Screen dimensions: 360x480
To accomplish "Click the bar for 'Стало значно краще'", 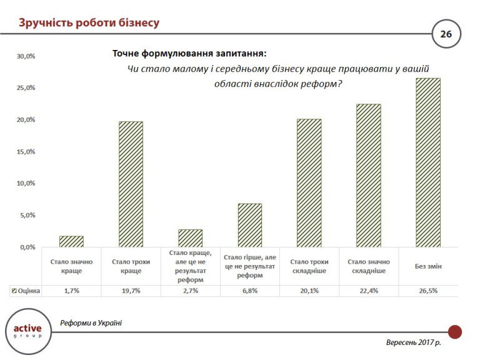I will (x=71, y=241).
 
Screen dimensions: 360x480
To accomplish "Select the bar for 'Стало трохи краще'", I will (x=131, y=184).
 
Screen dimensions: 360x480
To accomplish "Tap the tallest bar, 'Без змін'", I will (x=428, y=162).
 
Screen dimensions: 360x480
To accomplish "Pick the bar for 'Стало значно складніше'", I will (x=368, y=176).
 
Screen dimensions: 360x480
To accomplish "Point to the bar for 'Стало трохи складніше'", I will (x=309, y=183).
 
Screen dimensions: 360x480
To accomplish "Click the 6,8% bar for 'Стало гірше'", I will (x=249, y=225).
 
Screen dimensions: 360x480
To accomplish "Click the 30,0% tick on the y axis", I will (x=26, y=56).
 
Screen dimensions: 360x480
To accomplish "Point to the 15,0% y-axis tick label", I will (x=26, y=152).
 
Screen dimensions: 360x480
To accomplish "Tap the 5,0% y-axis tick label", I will (x=26, y=216).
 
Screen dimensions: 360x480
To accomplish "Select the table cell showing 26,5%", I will (x=428, y=291).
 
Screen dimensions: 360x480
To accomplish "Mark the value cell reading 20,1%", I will (x=309, y=291).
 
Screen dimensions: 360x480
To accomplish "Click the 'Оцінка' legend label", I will (x=28, y=291).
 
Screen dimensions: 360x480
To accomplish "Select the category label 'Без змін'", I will (x=428, y=266).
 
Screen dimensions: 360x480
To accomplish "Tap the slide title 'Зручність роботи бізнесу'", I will (x=89, y=24).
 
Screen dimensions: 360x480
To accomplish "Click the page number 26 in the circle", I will (x=446, y=34).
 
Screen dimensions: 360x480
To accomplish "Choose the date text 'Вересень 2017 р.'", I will (x=413, y=343).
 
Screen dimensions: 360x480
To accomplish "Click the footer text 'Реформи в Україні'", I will (x=91, y=323).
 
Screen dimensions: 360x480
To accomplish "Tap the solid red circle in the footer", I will (x=455, y=332).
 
